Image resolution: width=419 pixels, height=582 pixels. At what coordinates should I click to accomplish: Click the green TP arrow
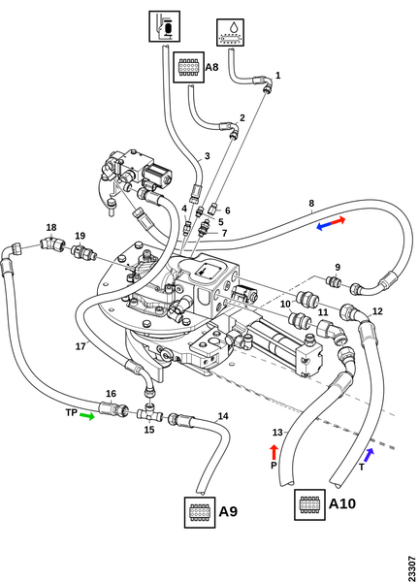point(87,416)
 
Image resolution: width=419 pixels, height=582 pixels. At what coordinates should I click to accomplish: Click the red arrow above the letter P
point(274,452)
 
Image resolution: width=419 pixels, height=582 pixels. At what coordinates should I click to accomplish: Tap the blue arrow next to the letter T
point(369,455)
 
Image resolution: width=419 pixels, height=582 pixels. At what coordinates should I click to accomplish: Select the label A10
point(342,503)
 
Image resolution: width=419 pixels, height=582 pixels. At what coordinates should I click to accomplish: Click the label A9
point(228,511)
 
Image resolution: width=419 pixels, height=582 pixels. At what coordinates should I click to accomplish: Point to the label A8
point(211,67)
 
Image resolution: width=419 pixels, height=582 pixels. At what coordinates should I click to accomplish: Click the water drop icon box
point(231,32)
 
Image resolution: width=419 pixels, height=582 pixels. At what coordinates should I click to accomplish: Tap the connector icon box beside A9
point(200,512)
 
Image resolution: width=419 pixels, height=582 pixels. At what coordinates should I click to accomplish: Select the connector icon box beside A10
point(310,504)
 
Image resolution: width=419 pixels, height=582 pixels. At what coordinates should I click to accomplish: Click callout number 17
point(81,346)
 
